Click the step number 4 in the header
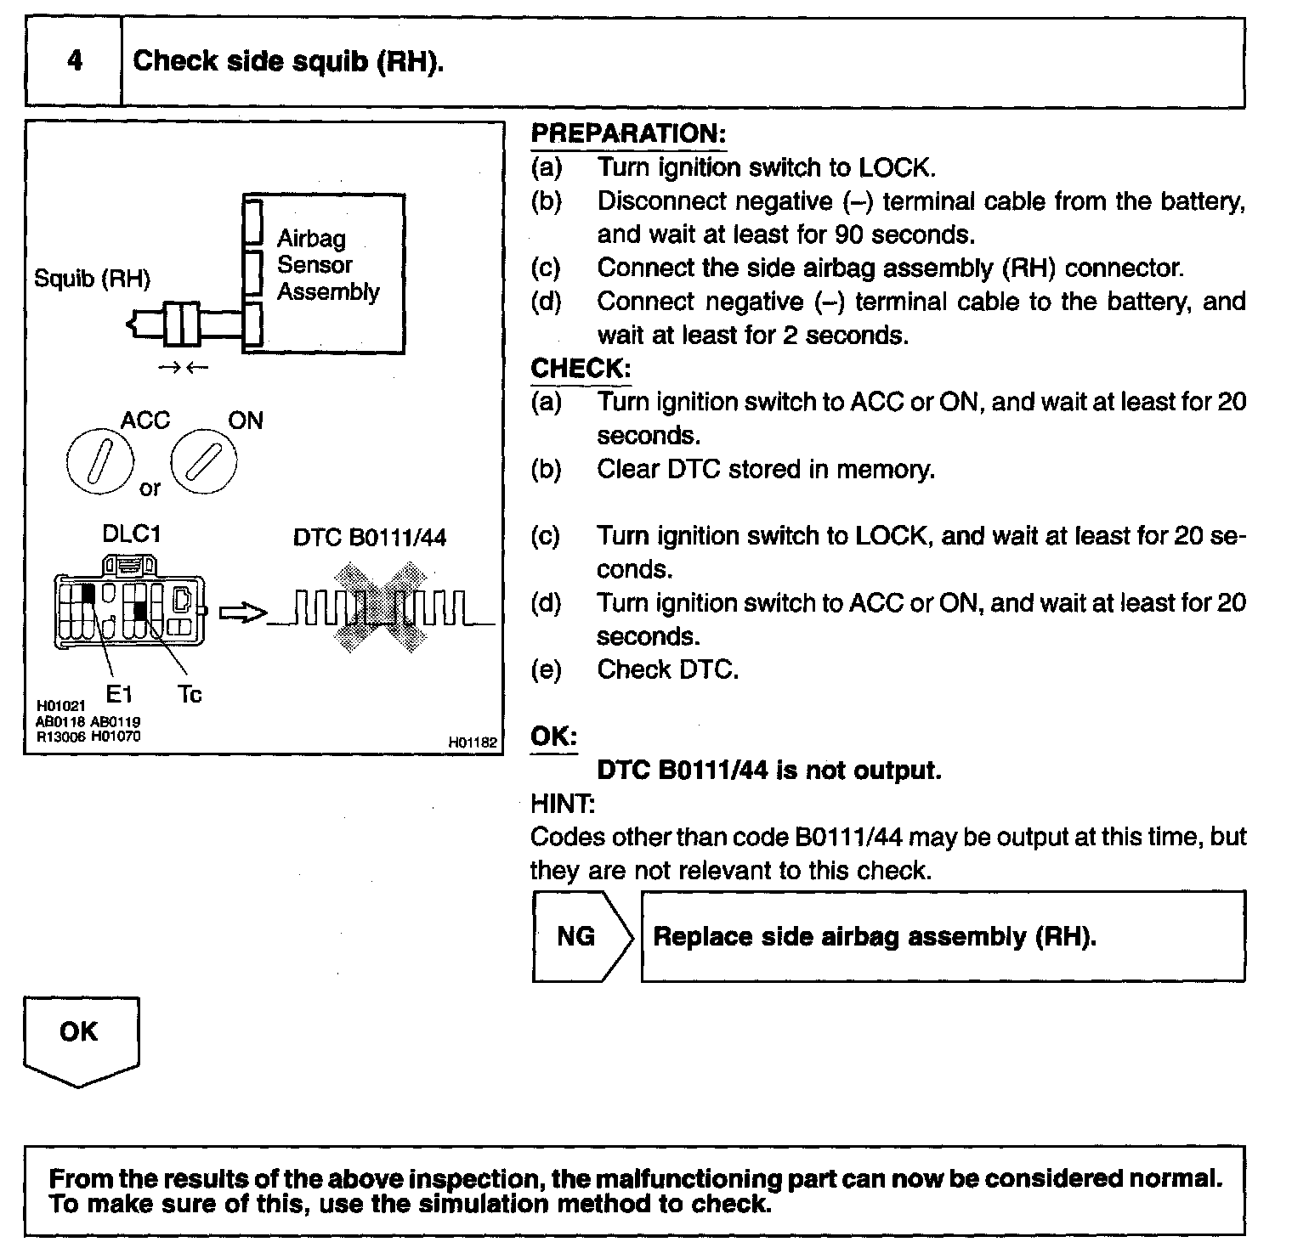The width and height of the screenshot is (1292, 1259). pos(75,61)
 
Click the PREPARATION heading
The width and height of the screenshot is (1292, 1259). pos(628,133)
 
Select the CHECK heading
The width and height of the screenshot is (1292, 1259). pos(581,369)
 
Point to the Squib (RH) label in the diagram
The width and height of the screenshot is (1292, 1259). pos(92,279)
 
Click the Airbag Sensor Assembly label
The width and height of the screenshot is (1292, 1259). pos(327,265)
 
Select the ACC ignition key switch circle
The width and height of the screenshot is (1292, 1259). pos(99,462)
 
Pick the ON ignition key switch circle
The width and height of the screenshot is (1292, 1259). pos(204,462)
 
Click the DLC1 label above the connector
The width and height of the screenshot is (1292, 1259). pos(131,534)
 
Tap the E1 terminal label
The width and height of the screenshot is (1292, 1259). pos(119,694)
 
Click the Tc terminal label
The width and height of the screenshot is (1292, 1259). pos(190,694)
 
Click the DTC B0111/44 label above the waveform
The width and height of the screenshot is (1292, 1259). pos(369,538)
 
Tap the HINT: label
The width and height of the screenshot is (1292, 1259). pos(563,804)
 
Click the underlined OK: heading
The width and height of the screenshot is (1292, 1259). pos(553,737)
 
